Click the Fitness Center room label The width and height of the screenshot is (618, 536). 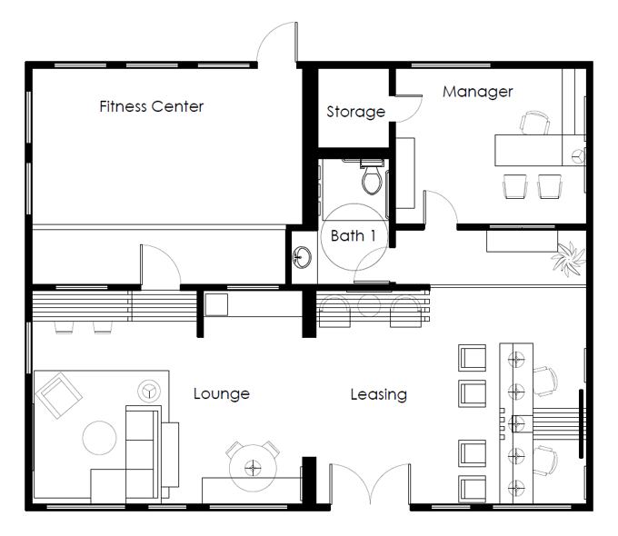click(x=152, y=106)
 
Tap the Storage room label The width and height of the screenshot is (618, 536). click(x=356, y=112)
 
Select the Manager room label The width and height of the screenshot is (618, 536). click(x=478, y=92)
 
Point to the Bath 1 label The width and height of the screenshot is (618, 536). click(x=353, y=235)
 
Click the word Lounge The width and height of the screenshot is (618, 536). click(x=222, y=393)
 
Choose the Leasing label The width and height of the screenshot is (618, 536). click(x=379, y=394)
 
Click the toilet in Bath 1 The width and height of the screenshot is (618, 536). click(x=372, y=177)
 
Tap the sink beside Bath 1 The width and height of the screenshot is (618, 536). click(x=302, y=257)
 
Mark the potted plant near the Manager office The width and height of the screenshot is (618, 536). click(x=568, y=258)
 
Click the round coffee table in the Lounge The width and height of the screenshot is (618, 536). click(x=100, y=438)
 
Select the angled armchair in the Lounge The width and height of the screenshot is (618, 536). click(x=59, y=395)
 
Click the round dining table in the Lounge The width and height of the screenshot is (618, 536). click(x=253, y=468)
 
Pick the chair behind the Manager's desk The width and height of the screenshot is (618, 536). click(x=534, y=123)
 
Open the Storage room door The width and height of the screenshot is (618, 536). click(x=409, y=109)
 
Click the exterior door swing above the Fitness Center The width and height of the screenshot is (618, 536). click(x=277, y=42)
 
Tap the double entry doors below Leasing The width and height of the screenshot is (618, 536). click(x=370, y=484)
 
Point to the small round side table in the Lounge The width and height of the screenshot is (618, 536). click(x=149, y=392)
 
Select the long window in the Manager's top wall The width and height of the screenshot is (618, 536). click(x=451, y=65)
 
